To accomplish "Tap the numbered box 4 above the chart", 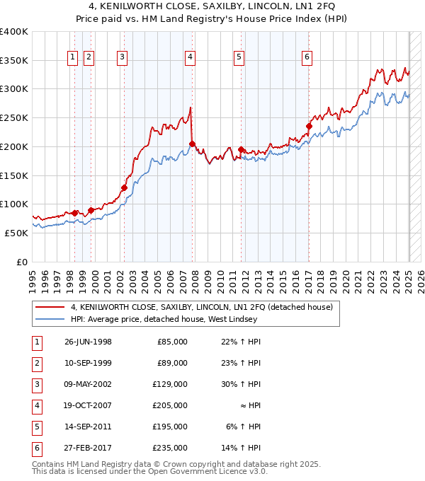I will [x=191, y=58].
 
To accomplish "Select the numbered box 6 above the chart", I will [x=307, y=58].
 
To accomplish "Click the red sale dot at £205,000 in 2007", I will [x=192, y=144].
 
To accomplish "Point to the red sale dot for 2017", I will [x=309, y=127].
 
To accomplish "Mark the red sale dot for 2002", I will [x=124, y=187].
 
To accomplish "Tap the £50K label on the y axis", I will [x=17, y=233].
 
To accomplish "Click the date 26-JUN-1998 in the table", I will [x=88, y=342].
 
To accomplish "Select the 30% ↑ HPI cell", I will [x=242, y=384].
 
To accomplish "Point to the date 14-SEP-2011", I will [x=88, y=427].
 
